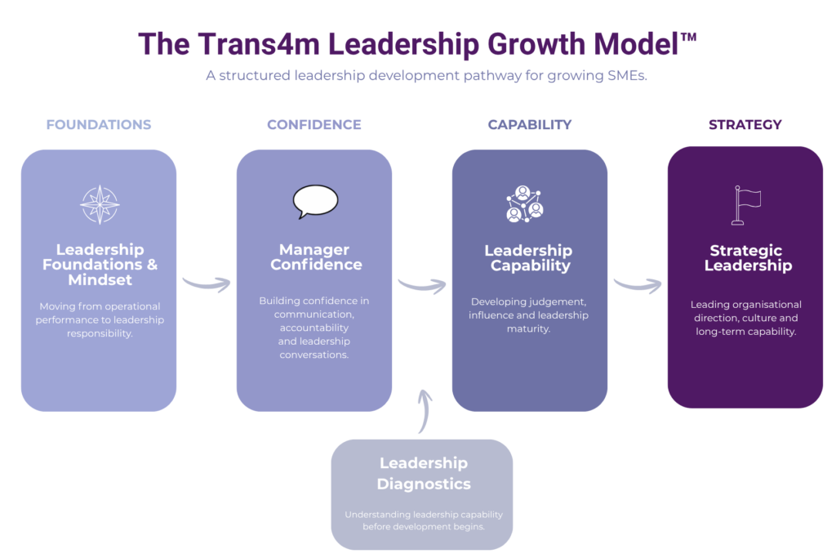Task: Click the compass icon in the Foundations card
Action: tap(100, 204)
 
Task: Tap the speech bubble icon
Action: tap(315, 201)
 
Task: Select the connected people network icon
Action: tap(524, 204)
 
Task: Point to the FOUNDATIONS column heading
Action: tap(99, 125)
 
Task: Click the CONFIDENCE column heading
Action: tap(314, 125)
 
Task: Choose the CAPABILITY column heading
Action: tap(530, 125)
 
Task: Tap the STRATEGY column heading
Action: tap(745, 125)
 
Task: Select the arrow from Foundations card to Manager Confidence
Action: tap(207, 283)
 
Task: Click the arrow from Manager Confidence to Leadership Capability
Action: tap(422, 285)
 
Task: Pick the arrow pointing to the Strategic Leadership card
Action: tap(638, 284)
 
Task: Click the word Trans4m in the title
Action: tap(231, 44)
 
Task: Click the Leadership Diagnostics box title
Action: tap(423, 474)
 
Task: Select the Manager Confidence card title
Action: tap(315, 257)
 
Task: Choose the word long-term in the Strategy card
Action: tap(718, 332)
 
